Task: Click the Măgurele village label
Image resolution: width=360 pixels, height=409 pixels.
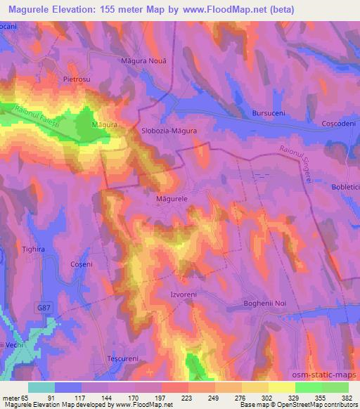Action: [x=171, y=200]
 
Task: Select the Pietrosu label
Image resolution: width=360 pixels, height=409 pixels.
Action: [x=77, y=80]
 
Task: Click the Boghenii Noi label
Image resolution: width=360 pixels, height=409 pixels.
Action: [x=263, y=301]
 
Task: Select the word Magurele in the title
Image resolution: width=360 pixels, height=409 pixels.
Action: [x=28, y=9]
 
